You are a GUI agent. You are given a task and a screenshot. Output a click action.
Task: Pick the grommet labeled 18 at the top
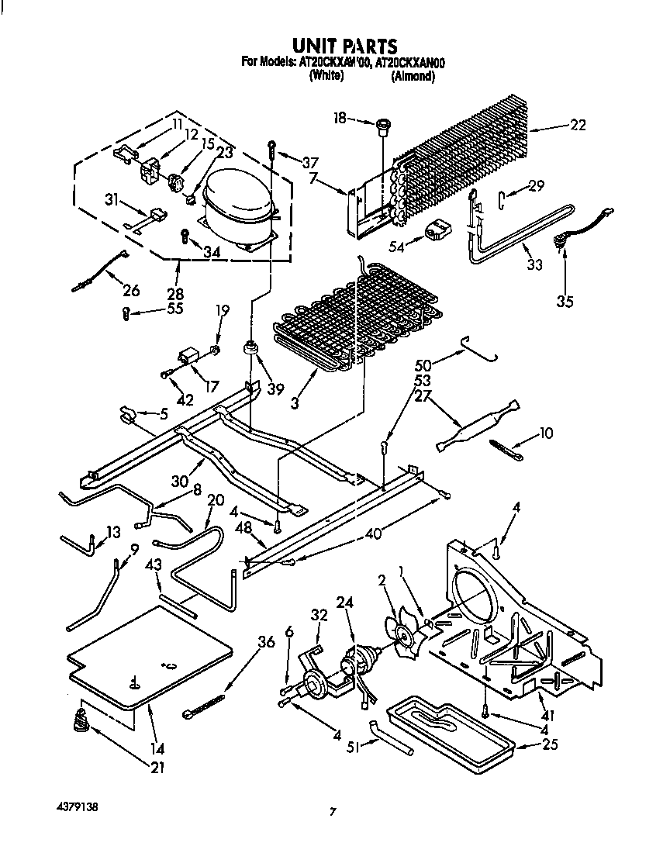[382, 125]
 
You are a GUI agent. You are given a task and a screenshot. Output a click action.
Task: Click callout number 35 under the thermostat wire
[565, 301]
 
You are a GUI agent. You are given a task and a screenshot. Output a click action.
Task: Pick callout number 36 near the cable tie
[266, 642]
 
